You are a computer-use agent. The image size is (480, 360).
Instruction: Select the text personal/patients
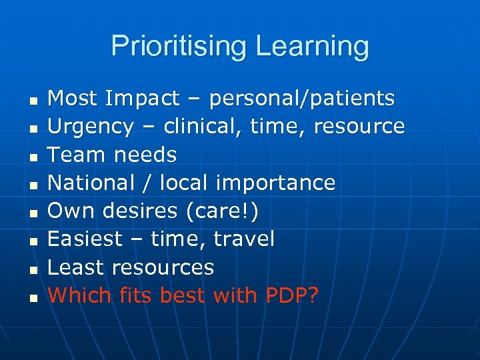point(302,99)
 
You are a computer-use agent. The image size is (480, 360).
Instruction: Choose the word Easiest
point(86,239)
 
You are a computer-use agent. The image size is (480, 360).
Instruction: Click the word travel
point(243,239)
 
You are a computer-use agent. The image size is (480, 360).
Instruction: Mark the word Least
point(77,267)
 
